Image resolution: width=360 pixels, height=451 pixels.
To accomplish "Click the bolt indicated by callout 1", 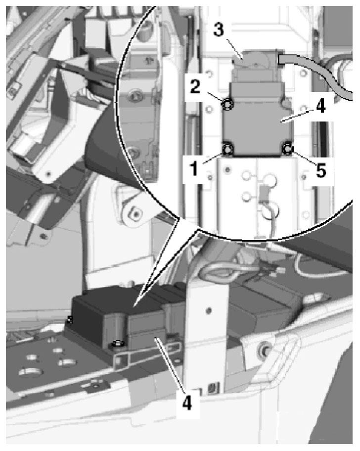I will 228,149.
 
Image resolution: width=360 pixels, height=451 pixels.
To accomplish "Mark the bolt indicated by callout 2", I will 228,105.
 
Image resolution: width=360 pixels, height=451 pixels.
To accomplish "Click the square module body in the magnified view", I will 257,126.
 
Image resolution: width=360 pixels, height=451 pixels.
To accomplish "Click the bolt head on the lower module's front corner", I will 117,343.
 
